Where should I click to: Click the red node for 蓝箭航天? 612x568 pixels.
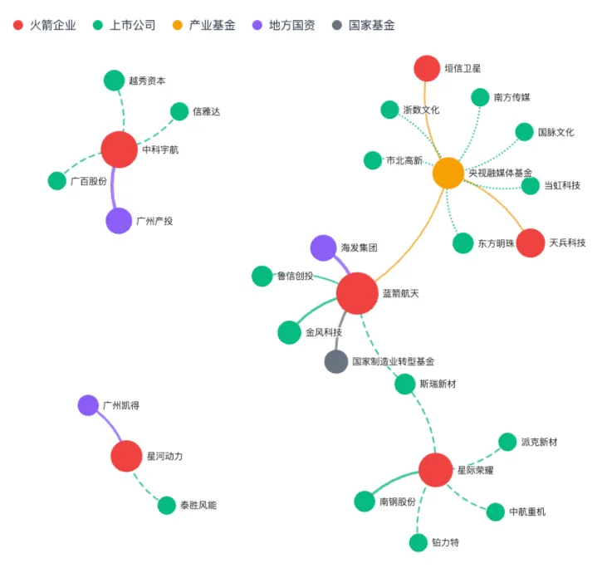pos(358,293)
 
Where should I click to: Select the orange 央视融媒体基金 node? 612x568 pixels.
pos(448,173)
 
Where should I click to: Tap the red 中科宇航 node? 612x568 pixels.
pos(120,149)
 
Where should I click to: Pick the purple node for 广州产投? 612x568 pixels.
pos(120,221)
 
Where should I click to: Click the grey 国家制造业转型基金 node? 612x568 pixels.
pos(335,362)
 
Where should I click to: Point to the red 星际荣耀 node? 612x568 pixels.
pos(435,470)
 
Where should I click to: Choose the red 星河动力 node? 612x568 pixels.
pos(127,456)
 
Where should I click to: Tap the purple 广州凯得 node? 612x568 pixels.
pos(88,405)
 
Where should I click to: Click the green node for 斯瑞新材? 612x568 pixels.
pos(404,384)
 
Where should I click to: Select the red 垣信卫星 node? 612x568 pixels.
pos(427,69)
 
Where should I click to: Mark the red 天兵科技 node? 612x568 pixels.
pos(531,242)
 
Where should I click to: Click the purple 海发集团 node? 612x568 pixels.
pos(323,247)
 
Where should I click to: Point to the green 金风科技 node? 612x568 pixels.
pos(289,332)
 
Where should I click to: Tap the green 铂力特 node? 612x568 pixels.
pos(419,542)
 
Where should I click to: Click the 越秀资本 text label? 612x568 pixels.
pos(147,81)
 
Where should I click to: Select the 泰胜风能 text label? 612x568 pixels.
pos(198,505)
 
